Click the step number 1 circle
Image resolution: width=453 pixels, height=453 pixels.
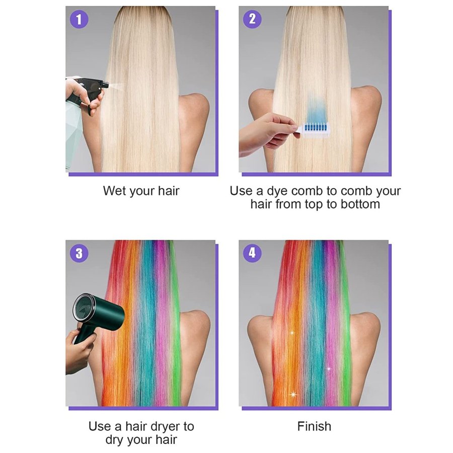79,19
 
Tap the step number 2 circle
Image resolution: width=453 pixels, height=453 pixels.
252,19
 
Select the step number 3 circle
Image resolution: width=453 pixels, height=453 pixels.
79,253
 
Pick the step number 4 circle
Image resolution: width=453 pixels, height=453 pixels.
252,253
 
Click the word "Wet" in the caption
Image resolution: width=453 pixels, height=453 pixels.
114,191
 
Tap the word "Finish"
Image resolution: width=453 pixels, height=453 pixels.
314,426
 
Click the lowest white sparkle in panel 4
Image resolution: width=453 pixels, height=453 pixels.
293,394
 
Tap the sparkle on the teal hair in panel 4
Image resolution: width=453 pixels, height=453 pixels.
329,368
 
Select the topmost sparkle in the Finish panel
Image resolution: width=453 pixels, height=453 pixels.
292,333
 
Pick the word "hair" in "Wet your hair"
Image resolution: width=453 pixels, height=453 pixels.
169,191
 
